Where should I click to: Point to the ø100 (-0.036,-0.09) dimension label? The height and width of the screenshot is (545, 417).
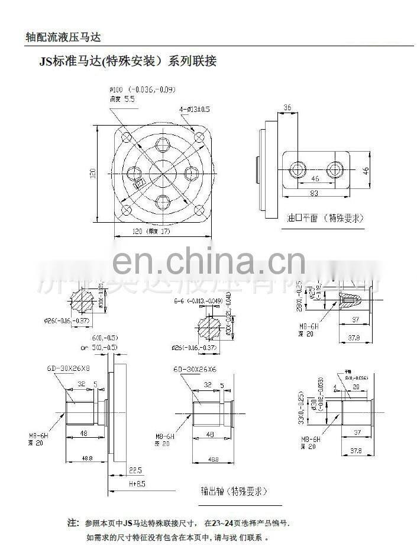[x=142, y=89]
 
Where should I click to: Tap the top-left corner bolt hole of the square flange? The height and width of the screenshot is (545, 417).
[x=127, y=137]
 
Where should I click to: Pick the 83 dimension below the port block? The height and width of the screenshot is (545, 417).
[x=315, y=193]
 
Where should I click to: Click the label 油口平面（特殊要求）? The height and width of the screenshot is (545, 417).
[x=325, y=218]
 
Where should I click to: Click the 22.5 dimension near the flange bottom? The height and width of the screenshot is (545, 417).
[x=135, y=470]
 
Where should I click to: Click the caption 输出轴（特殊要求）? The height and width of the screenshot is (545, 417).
[x=234, y=492]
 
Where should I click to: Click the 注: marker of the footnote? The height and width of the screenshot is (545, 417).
[x=73, y=523]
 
